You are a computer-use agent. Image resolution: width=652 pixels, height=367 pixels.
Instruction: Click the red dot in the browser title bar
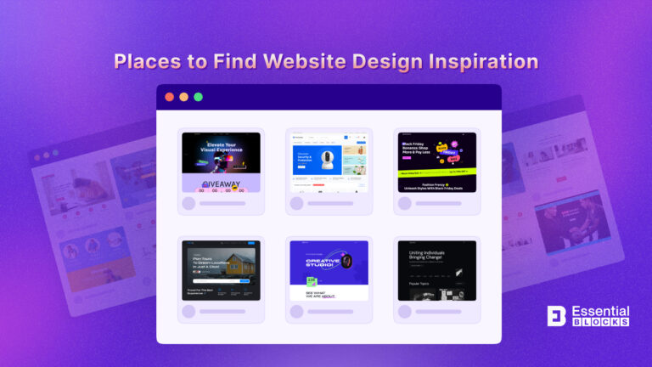coord(169,97)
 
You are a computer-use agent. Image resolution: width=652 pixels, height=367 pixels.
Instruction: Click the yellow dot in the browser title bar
coord(183,97)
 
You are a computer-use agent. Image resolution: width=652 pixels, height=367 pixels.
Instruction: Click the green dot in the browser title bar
coord(198,97)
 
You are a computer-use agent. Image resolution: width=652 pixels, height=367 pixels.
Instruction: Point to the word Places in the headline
coord(145,62)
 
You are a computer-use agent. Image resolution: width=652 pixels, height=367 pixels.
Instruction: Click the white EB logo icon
coord(558,316)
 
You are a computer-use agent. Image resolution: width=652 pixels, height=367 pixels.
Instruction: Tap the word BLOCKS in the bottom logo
coord(600,323)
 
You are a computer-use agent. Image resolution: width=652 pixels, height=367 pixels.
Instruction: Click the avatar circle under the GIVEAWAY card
coord(188,203)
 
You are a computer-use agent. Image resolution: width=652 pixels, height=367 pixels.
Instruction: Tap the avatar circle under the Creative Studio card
coord(296,312)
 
